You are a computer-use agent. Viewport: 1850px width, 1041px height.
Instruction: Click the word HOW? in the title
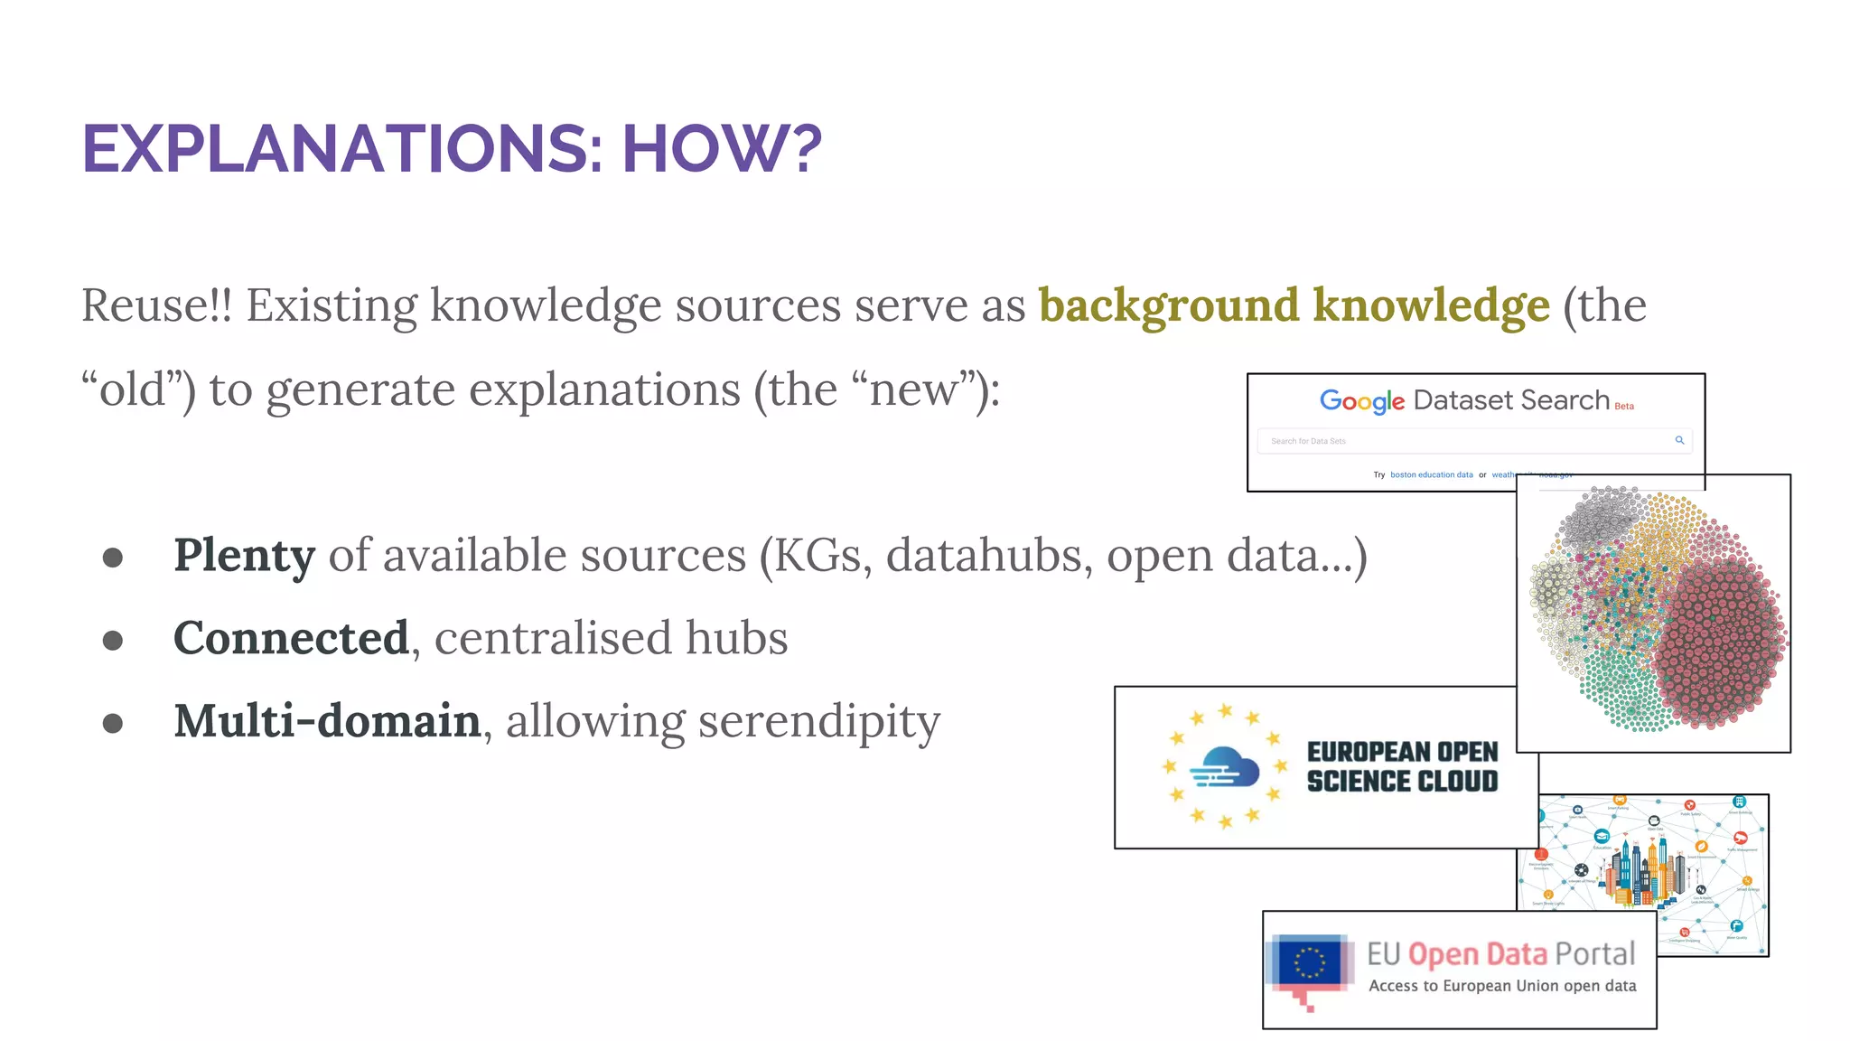point(722,149)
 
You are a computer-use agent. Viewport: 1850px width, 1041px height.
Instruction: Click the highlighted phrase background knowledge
point(1294,305)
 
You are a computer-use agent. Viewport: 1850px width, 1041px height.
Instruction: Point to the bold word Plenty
point(244,555)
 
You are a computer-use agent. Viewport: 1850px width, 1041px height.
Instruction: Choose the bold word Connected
point(291,638)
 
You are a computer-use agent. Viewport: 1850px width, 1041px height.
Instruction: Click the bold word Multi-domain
point(327,721)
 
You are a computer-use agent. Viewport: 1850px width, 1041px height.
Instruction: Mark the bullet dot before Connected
point(113,641)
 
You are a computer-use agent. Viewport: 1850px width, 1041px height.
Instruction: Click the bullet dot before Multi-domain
point(113,724)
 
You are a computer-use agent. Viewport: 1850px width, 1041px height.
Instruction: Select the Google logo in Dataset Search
point(1361,400)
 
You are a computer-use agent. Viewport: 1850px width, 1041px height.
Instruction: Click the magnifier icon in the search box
point(1679,440)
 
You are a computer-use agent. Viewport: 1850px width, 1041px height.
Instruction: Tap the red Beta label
point(1624,407)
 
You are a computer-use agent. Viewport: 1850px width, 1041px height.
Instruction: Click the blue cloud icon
point(1224,766)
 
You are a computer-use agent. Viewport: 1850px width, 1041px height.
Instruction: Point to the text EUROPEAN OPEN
point(1402,752)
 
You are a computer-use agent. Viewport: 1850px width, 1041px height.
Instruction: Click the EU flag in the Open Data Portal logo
point(1309,961)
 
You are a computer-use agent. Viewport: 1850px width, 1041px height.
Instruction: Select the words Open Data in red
point(1477,954)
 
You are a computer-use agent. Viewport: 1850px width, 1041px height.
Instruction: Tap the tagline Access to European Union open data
point(1502,986)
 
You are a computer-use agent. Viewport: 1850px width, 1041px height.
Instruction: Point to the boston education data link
point(1431,474)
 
